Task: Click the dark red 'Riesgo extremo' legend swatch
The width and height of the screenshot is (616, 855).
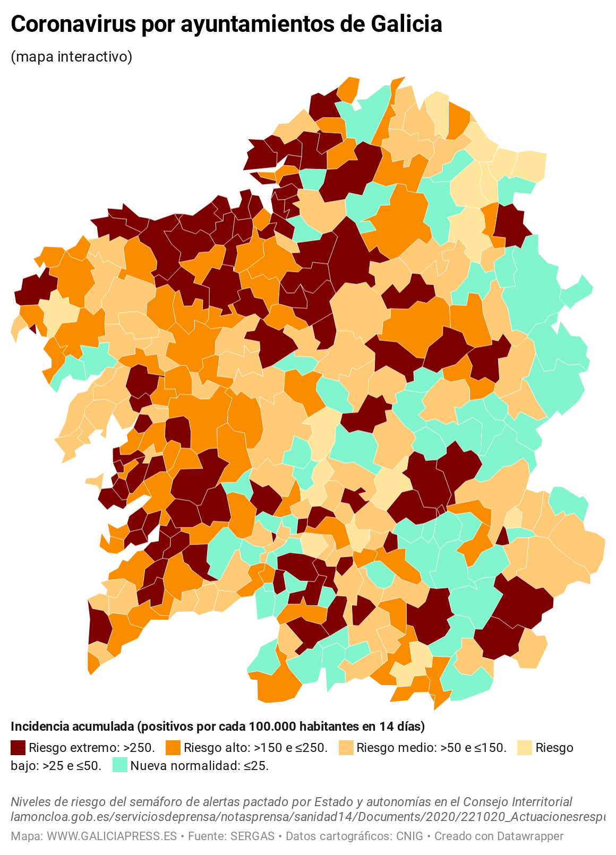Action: coord(18,748)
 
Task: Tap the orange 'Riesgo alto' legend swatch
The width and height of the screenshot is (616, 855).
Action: coord(173,748)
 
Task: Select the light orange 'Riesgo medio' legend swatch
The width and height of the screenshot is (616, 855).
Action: coord(346,748)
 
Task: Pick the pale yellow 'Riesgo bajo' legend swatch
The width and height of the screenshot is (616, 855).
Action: coord(525,748)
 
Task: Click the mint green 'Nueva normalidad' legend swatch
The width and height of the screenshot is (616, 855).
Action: coord(120,765)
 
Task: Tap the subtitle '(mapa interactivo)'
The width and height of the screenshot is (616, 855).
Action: coord(71,56)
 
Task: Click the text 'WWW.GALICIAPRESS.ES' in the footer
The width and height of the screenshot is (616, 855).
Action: coord(112,836)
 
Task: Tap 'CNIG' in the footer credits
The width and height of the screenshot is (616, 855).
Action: coord(409,836)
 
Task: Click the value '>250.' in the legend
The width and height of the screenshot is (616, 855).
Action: coord(139,748)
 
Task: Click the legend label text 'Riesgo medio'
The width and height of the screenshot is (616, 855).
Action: coord(392,748)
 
